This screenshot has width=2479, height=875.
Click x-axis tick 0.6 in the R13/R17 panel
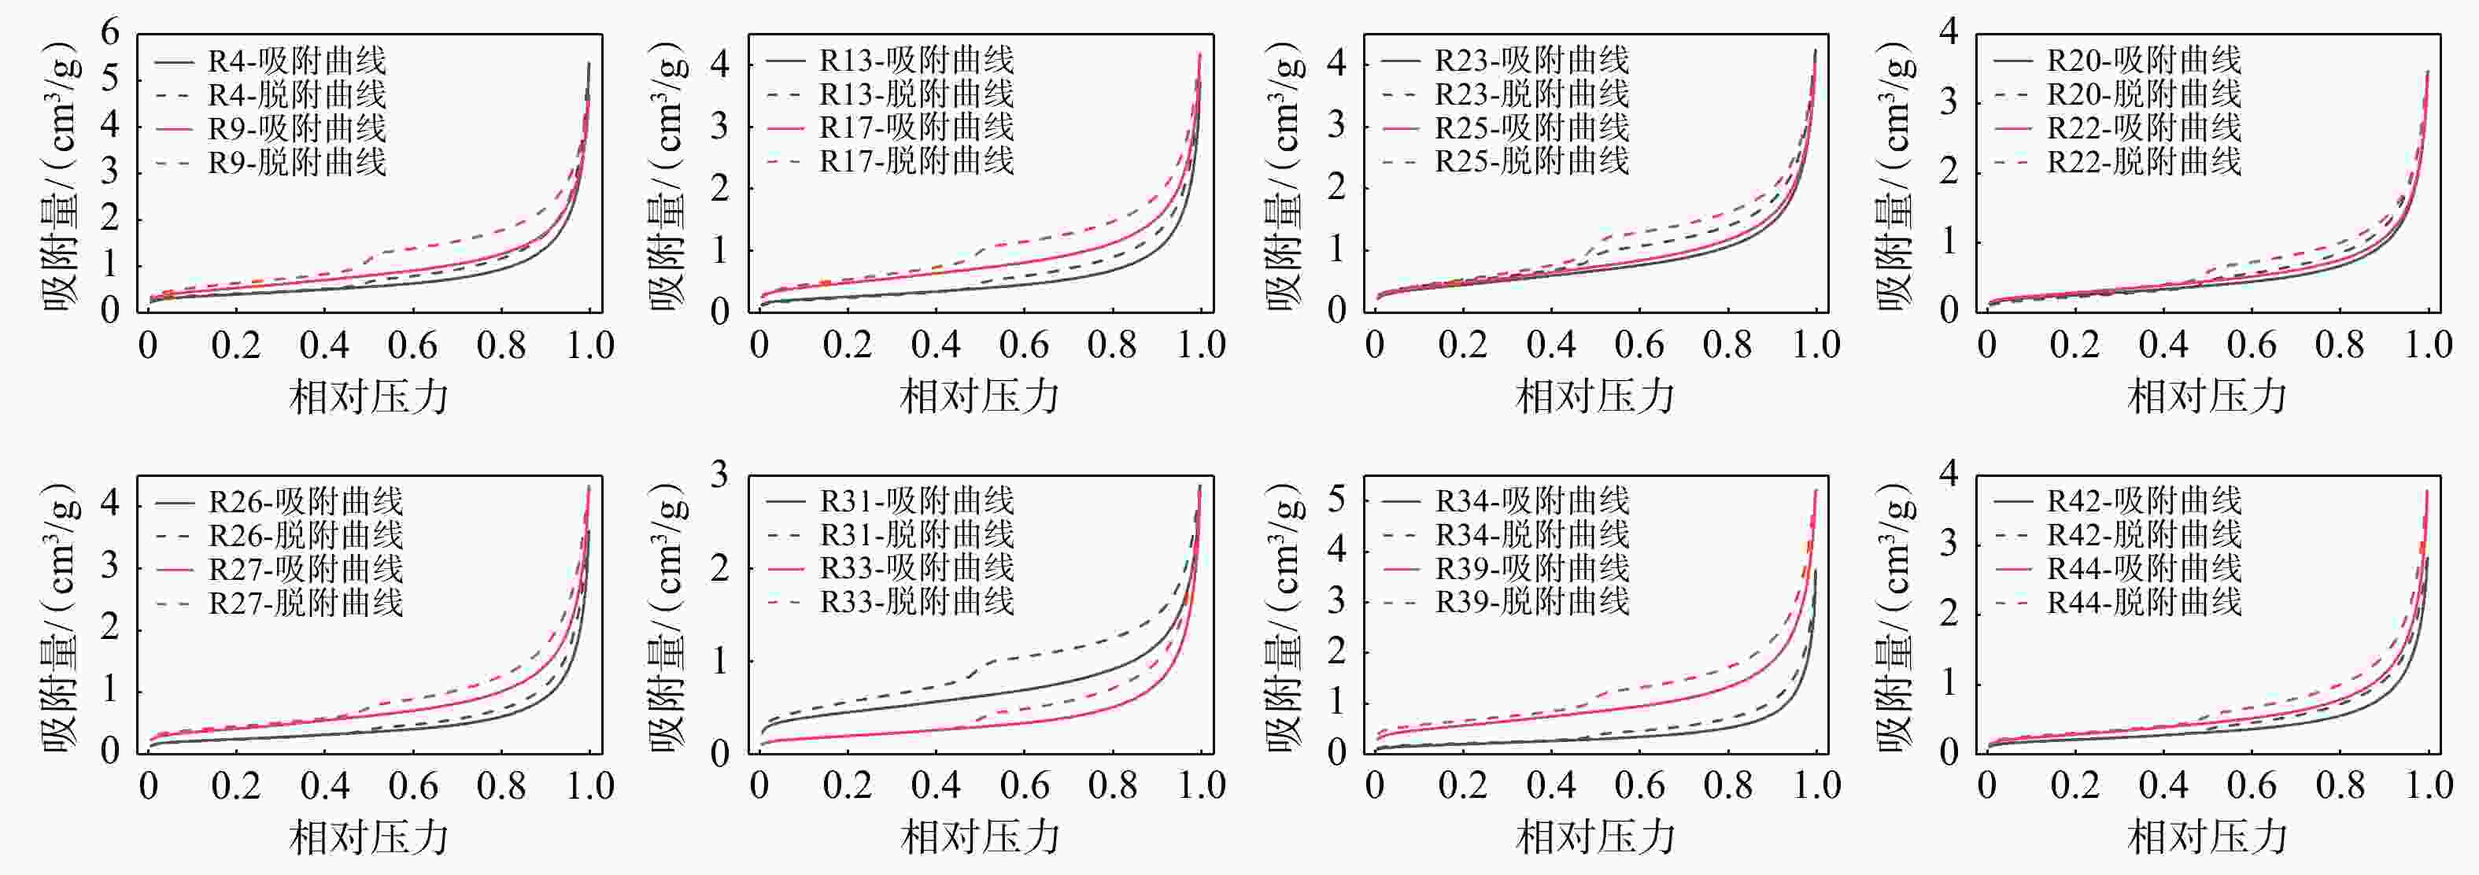click(1024, 345)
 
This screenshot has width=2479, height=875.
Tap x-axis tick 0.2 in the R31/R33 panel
click(847, 785)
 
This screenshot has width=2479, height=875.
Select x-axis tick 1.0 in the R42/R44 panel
click(2429, 785)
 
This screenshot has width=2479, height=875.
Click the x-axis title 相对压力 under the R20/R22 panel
click(2207, 396)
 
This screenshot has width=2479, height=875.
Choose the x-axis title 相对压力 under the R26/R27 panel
click(370, 836)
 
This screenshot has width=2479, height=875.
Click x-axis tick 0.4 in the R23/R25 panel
click(1551, 345)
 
